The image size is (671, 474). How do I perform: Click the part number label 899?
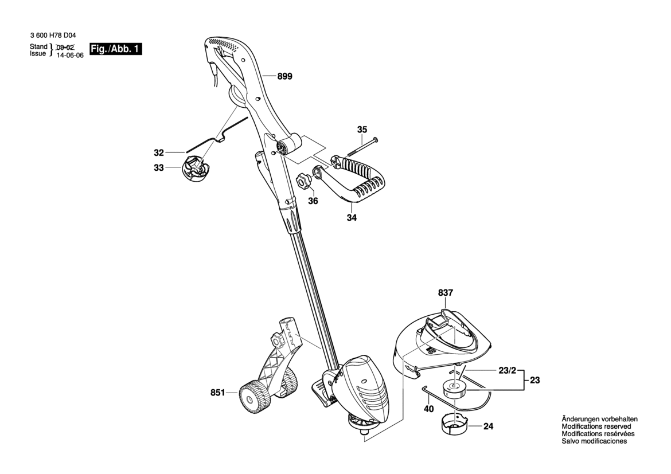[x=284, y=76]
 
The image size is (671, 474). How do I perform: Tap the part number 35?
[x=362, y=130]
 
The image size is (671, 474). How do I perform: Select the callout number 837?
[x=446, y=293]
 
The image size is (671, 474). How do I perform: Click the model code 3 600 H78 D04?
[x=52, y=35]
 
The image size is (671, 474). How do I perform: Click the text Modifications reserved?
[x=596, y=427]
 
